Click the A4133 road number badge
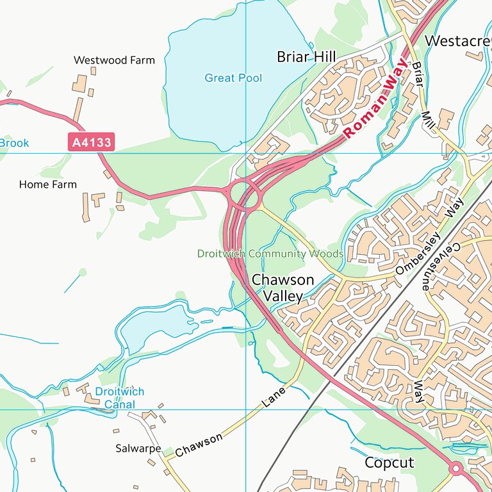point(91,142)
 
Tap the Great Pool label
point(233,78)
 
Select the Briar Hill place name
point(306,56)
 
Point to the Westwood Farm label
point(114,60)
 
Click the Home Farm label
point(47,184)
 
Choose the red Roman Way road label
point(375,98)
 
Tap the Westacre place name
point(457,41)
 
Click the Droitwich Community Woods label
point(270,254)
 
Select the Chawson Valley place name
point(283,288)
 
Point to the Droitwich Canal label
point(120,398)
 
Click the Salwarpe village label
point(138,448)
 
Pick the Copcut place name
point(389,463)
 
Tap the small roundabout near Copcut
point(456,470)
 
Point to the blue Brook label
point(14,143)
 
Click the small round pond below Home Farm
point(83,272)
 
